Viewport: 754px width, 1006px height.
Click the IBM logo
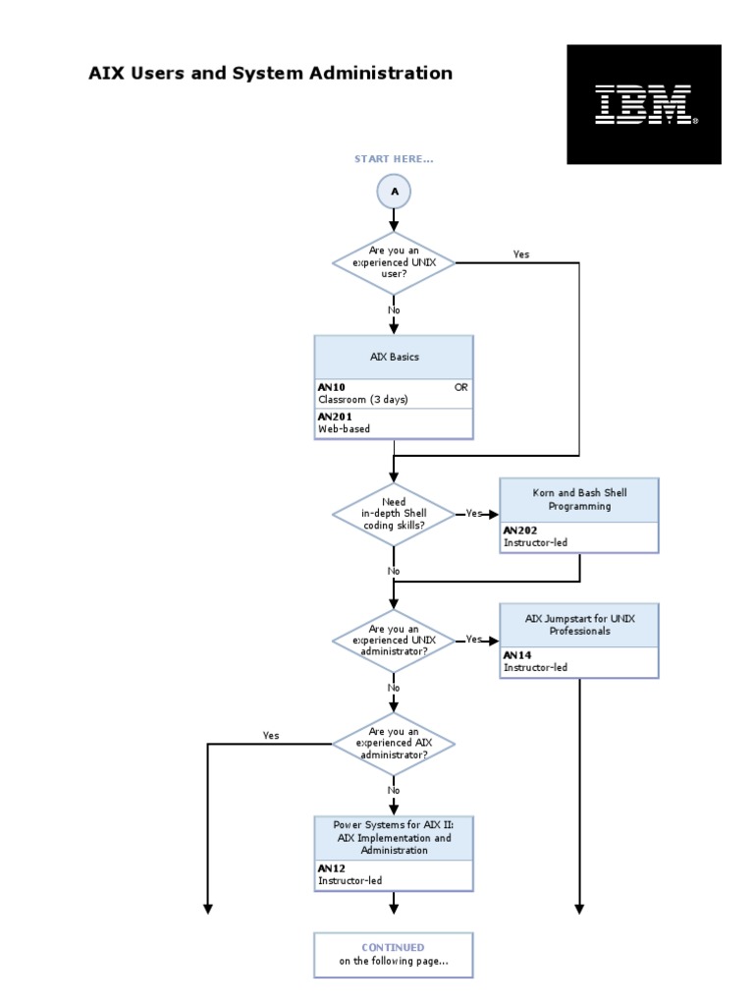pyautogui.click(x=644, y=104)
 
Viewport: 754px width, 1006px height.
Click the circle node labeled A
pyautogui.click(x=394, y=193)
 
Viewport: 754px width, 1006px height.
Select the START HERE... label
pyautogui.click(x=394, y=159)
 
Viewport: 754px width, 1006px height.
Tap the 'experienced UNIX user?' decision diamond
pyautogui.click(x=394, y=263)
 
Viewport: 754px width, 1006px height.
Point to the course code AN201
pyautogui.click(x=334, y=416)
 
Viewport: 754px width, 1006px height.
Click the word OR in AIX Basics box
pyautogui.click(x=460, y=387)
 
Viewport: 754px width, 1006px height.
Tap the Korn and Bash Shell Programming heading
pyautogui.click(x=578, y=500)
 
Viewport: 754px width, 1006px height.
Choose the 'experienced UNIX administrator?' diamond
pyautogui.click(x=394, y=640)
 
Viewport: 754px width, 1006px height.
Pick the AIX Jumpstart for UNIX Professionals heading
pyautogui.click(x=578, y=625)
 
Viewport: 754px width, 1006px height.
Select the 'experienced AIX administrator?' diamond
pyautogui.click(x=394, y=744)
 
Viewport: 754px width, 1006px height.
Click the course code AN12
pyautogui.click(x=330, y=868)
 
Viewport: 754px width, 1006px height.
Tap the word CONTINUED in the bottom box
pyautogui.click(x=393, y=947)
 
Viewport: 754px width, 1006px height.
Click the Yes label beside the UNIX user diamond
pyautogui.click(x=520, y=254)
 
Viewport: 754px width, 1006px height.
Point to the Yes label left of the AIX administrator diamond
pyautogui.click(x=271, y=735)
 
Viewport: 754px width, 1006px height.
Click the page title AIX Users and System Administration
pyautogui.click(x=271, y=73)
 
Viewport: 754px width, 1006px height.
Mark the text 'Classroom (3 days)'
pyautogui.click(x=362, y=400)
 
